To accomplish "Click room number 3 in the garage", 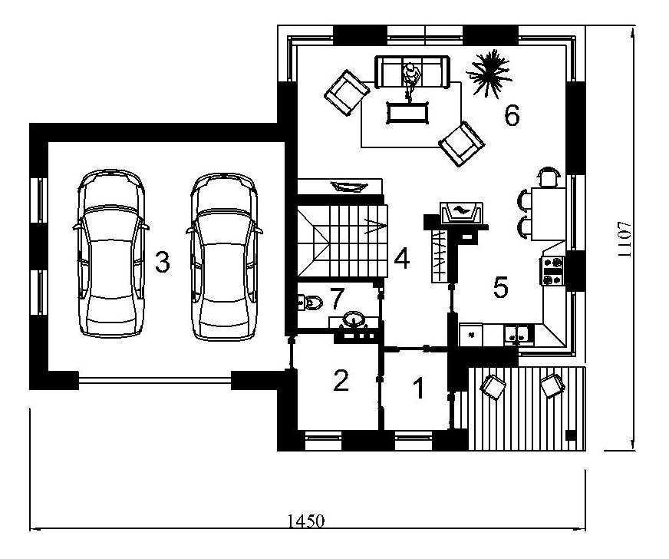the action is click(x=163, y=262).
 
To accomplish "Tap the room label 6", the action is click(x=512, y=115).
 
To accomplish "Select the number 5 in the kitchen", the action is click(x=501, y=287).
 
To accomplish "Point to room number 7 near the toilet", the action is click(x=337, y=299).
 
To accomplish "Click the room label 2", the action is click(x=341, y=380).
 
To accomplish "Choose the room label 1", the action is click(x=420, y=389).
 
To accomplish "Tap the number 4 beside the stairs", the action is click(x=402, y=258).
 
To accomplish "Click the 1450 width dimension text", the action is click(x=306, y=521).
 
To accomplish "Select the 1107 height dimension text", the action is click(x=624, y=239).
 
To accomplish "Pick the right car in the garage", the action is click(x=225, y=256).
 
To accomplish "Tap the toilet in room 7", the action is click(x=310, y=303).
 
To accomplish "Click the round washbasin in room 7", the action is click(x=354, y=319).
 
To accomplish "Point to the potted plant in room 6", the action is click(x=489, y=74).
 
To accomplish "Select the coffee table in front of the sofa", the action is click(x=407, y=113).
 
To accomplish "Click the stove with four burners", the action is click(x=552, y=271).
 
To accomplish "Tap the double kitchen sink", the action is click(x=518, y=334).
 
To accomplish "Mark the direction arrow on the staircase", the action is click(x=375, y=226).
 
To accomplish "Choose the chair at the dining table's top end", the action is click(x=548, y=177).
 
